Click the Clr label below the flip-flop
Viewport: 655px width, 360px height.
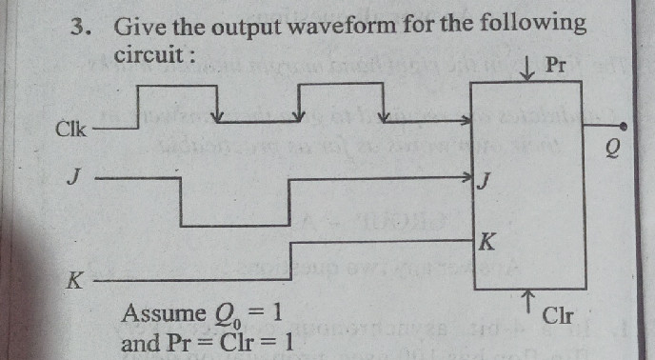(557, 315)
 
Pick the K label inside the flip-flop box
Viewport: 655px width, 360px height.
(486, 242)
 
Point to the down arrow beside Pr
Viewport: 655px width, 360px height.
(527, 68)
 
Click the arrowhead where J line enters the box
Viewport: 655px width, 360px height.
(467, 177)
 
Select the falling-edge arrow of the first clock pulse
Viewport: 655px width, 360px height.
(220, 117)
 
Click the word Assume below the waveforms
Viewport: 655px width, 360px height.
(163, 313)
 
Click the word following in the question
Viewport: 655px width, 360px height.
(530, 23)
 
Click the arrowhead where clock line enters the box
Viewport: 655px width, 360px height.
(466, 121)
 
